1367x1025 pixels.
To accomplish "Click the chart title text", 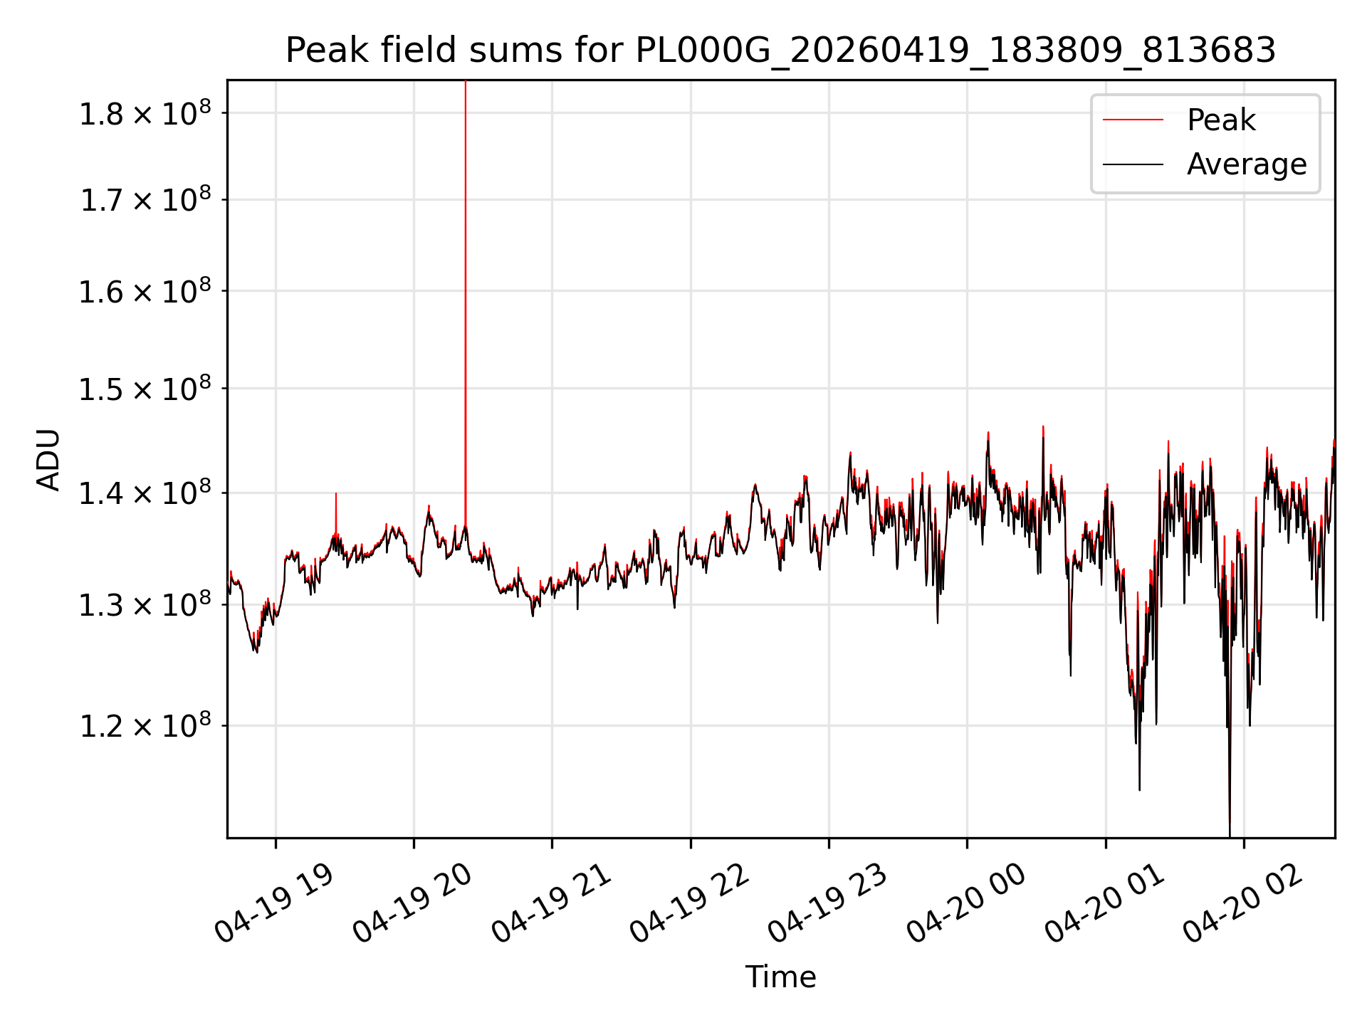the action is click(780, 51).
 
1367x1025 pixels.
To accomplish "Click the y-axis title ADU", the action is click(48, 459).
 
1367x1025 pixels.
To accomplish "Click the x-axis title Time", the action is click(780, 977).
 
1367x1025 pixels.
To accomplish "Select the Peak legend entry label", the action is click(1221, 120).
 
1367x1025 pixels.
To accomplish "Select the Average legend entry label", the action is click(1247, 164).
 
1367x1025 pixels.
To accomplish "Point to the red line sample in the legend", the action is click(1133, 120).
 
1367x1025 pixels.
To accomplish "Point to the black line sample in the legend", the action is click(1133, 164).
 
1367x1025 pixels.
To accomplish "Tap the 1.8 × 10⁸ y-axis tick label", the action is click(145, 113).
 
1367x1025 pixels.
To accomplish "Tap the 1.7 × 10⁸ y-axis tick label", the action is click(145, 200).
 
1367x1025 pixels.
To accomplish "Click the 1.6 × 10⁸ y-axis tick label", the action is click(145, 291).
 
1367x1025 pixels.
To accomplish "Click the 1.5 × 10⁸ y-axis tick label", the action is click(145, 389).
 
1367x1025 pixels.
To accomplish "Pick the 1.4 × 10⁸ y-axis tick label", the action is click(145, 493).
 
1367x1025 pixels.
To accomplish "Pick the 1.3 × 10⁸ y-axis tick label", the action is click(145, 605).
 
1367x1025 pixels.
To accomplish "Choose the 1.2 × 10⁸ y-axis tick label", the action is click(145, 726).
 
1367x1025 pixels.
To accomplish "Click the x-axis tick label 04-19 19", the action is click(274, 904).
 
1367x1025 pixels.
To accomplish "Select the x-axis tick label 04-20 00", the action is click(966, 904).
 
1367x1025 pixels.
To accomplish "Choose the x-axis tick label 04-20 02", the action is click(1243, 904).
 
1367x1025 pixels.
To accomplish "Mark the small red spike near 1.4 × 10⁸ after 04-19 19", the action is click(336, 512).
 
